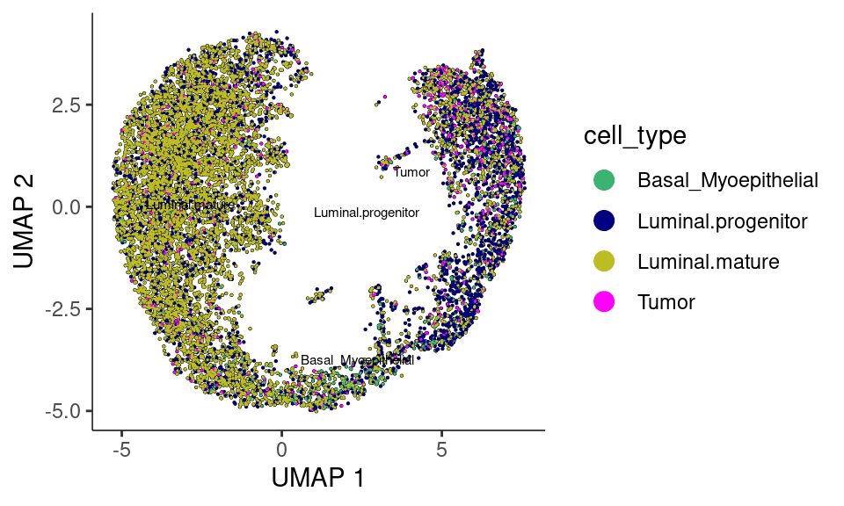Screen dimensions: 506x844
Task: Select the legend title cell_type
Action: (635, 136)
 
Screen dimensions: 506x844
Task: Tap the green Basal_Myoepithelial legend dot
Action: (604, 181)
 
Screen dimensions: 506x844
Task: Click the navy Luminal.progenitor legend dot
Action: (604, 221)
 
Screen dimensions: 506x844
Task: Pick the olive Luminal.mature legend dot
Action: (604, 262)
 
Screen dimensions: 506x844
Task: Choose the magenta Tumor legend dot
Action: (604, 302)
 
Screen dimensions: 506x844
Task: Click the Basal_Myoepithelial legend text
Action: (728, 181)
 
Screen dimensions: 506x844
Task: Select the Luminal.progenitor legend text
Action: (722, 221)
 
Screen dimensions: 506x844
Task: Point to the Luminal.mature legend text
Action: (709, 262)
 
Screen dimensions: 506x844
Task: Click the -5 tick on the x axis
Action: (122, 450)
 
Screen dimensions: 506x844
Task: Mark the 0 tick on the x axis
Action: (282, 450)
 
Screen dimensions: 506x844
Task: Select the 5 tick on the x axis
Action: (442, 450)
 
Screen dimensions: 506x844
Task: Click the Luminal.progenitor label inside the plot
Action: (367, 213)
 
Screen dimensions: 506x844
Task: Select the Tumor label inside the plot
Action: (411, 172)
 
